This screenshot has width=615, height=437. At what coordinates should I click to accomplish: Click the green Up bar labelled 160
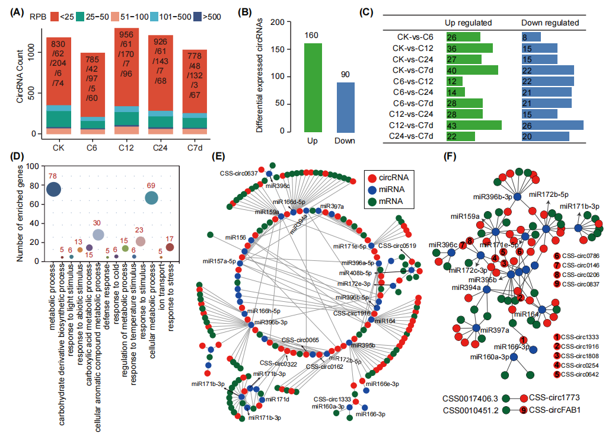(314, 87)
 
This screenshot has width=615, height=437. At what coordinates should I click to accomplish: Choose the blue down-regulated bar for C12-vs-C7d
(552, 125)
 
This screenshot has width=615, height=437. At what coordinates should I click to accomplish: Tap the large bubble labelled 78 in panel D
(53, 189)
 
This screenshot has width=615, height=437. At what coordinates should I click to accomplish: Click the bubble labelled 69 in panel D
(151, 198)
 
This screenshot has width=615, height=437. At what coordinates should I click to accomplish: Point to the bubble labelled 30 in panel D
(98, 235)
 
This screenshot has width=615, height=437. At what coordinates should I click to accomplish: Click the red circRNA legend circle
(371, 177)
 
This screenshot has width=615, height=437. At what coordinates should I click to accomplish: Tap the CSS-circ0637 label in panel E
(237, 174)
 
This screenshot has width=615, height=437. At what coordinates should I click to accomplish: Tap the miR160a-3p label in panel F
(489, 357)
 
